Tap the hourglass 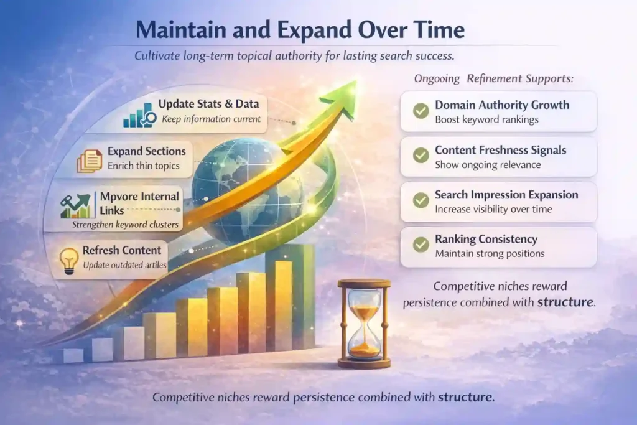[364, 324]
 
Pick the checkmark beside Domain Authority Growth [421, 111]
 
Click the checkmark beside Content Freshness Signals [421, 156]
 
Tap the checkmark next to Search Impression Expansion [421, 200]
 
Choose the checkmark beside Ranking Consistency [421, 245]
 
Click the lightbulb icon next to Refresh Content [69, 261]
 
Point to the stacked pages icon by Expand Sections [90, 161]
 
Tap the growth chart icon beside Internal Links [75, 206]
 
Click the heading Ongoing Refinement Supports [493, 78]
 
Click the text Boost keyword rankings [486, 120]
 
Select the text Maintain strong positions [490, 253]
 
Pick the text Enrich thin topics [144, 166]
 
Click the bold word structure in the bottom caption [465, 397]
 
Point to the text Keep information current [212, 119]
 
